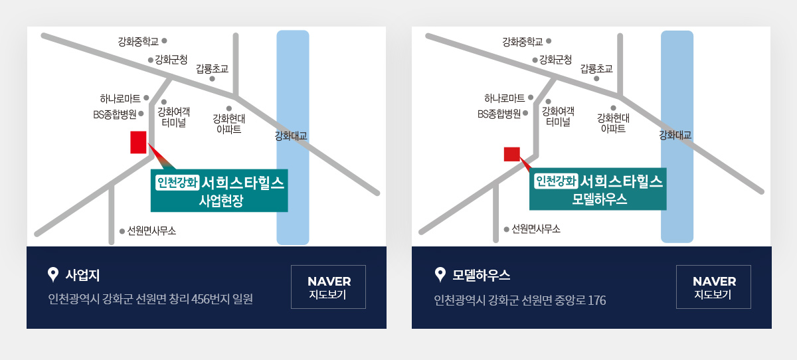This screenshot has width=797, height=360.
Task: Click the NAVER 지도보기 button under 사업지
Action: [x=328, y=287]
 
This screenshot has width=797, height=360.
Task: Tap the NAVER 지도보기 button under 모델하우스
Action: [x=713, y=287]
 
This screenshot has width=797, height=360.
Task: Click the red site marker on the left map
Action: [x=138, y=142]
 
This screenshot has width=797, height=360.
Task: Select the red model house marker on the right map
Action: [x=512, y=154]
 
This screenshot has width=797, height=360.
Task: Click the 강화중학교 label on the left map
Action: [x=138, y=42]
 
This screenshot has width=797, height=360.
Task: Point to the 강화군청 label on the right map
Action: [x=555, y=59]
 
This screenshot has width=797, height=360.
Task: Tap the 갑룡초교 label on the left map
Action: [x=212, y=68]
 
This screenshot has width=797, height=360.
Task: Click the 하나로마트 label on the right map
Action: [x=505, y=98]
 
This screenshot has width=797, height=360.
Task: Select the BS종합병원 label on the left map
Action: [x=114, y=114]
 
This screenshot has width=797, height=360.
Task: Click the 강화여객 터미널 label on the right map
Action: [x=558, y=117]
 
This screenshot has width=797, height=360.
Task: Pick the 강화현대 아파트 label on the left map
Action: [x=228, y=124]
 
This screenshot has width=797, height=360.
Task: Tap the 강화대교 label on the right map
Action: [x=675, y=135]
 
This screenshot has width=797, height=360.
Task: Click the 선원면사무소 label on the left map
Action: [x=151, y=231]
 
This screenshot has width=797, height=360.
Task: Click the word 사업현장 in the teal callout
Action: [x=221, y=201]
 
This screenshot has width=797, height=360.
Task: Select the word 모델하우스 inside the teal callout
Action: [x=600, y=199]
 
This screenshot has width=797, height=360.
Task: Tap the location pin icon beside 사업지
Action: [x=53, y=274]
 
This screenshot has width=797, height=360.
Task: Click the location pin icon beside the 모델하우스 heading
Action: [x=440, y=274]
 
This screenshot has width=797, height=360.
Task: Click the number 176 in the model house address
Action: [x=596, y=300]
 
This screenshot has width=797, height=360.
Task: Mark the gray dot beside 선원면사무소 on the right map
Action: [x=506, y=229]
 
